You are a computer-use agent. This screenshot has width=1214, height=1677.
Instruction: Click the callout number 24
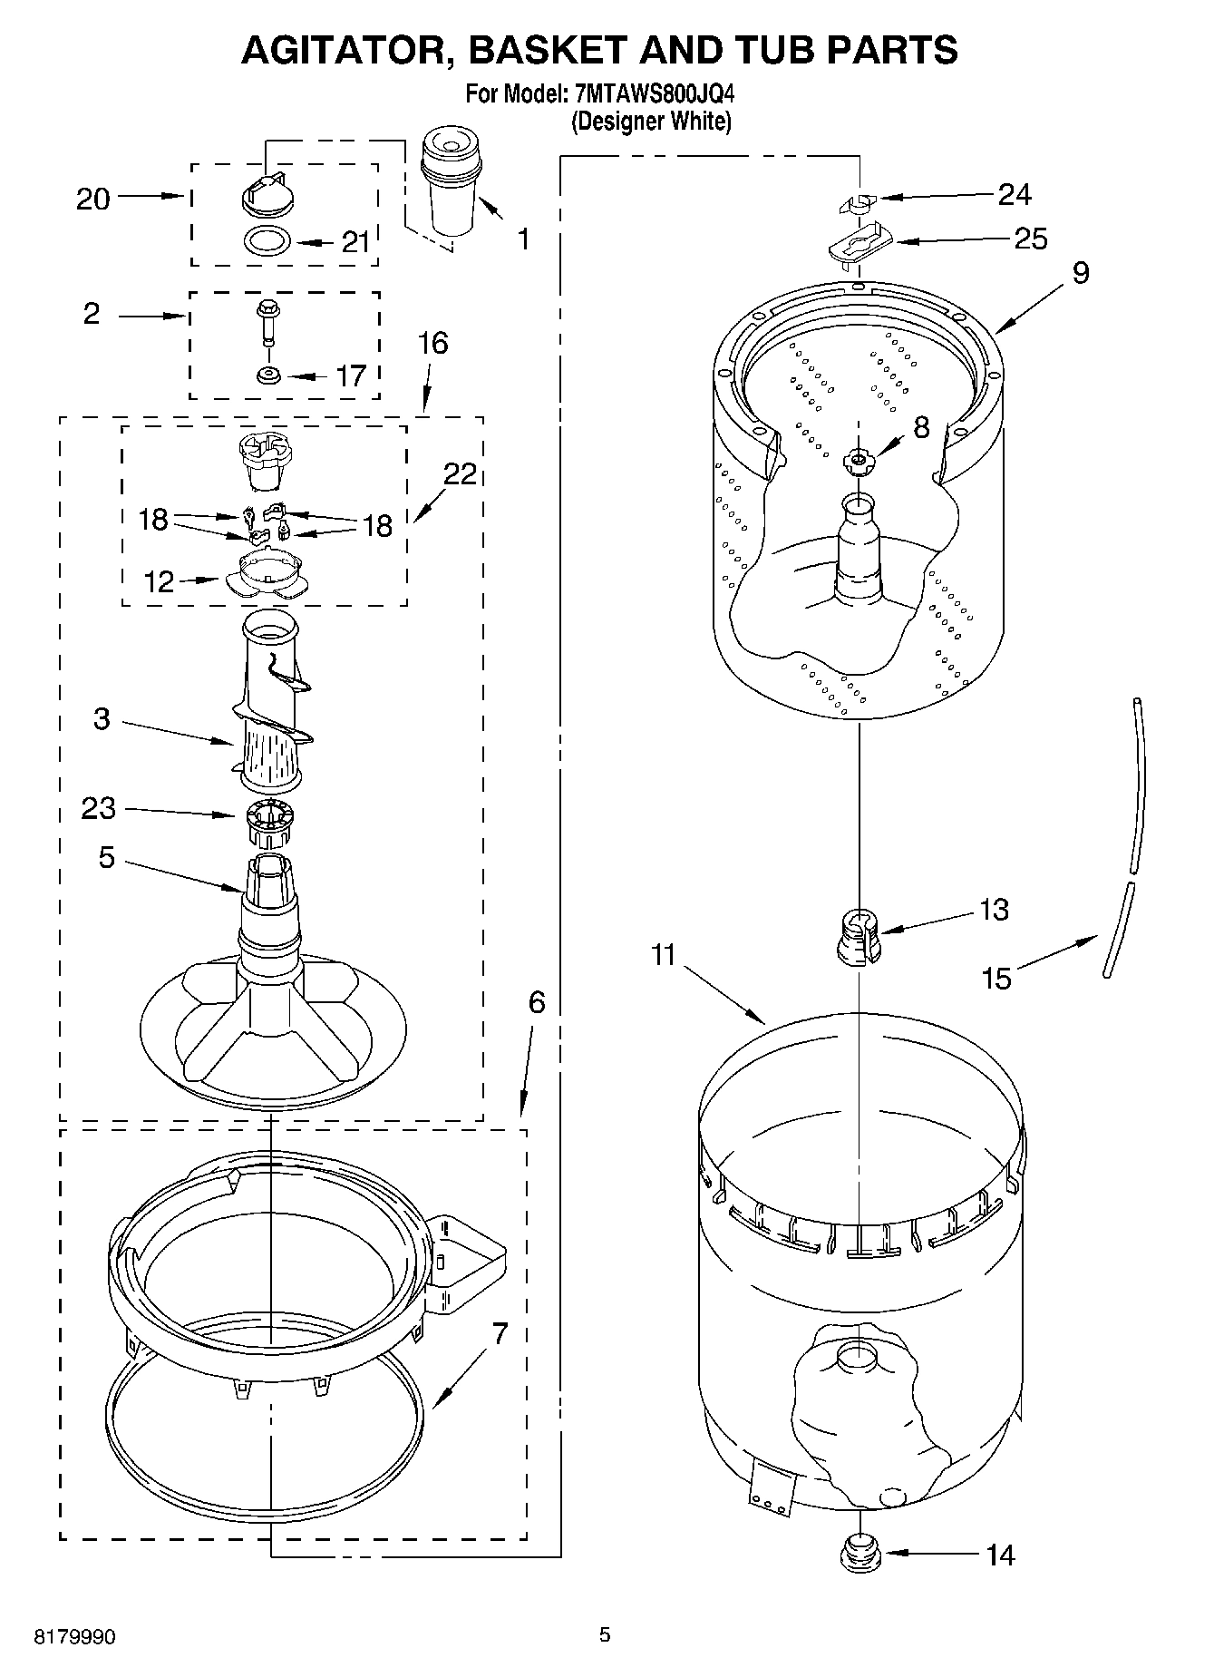coord(1015,194)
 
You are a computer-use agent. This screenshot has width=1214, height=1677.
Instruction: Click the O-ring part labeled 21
coord(267,241)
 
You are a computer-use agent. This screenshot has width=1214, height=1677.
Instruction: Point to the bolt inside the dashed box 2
coord(267,321)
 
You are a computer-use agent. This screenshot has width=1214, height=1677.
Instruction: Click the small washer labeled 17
coord(267,375)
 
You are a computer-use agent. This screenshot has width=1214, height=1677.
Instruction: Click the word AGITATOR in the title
coord(344,50)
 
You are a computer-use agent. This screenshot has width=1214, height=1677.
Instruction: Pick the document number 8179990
coord(74,1637)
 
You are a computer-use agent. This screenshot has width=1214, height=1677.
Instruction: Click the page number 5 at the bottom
coord(605,1634)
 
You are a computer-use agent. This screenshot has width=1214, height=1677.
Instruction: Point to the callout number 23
coord(99,807)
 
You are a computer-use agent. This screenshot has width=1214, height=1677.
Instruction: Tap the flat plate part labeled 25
coord(860,245)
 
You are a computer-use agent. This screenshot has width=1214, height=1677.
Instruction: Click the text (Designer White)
coord(650,122)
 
